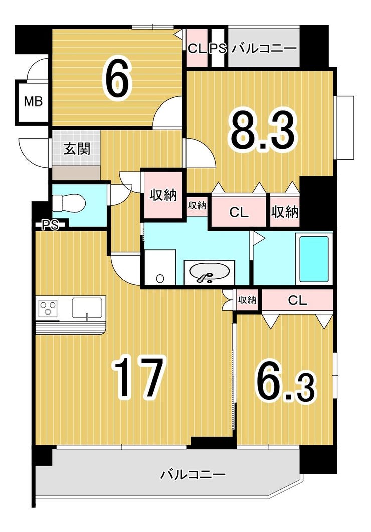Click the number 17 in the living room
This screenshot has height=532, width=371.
pyautogui.click(x=140, y=376)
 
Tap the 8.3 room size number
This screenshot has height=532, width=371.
pyautogui.click(x=262, y=132)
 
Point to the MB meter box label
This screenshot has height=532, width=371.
pyautogui.click(x=33, y=101)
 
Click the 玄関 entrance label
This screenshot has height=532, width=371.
pyautogui.click(x=77, y=149)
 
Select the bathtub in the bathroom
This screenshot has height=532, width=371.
pyautogui.click(x=314, y=259)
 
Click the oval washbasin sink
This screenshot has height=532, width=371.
pyautogui.click(x=209, y=272)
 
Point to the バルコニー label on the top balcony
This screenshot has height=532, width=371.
pyautogui.click(x=264, y=48)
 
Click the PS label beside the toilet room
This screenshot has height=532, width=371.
pyautogui.click(x=50, y=224)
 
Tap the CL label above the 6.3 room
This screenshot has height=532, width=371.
pyautogui.click(x=297, y=300)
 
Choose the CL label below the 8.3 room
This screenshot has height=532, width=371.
pyautogui.click(x=239, y=212)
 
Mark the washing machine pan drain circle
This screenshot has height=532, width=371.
pyautogui.click(x=160, y=279)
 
